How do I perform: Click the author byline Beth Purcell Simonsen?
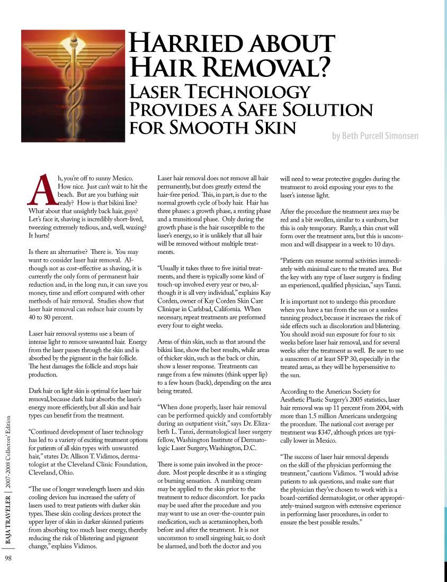tap(375, 136)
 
